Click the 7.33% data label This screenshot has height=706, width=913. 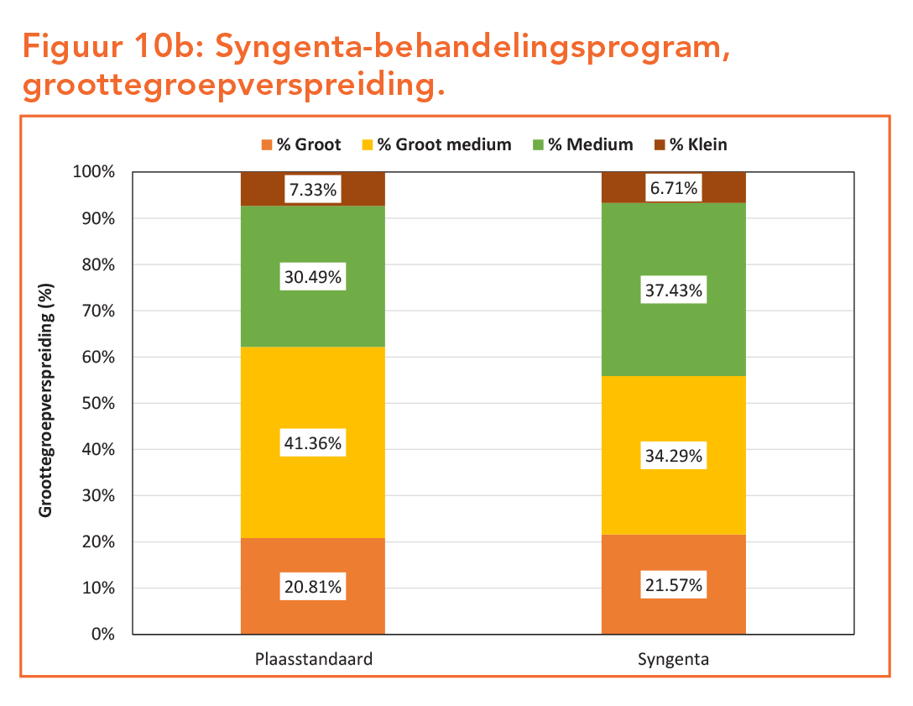[313, 191]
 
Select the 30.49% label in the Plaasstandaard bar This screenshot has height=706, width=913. [313, 278]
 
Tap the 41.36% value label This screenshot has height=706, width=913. [313, 443]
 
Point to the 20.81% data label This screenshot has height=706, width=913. [313, 588]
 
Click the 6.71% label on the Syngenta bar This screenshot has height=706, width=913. [674, 188]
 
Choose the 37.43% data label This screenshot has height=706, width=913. [674, 291]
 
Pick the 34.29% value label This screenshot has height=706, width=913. [674, 458]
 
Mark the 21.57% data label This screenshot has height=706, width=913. [674, 585]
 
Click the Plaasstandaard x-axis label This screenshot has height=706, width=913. [313, 659]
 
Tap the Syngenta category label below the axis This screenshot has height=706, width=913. [673, 659]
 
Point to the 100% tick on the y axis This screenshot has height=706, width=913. [95, 172]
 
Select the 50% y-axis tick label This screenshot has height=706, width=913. [98, 403]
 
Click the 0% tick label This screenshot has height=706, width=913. [102, 634]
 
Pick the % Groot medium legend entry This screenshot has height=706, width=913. [443, 144]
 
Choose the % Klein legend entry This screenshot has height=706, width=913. [697, 144]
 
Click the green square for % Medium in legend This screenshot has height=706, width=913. [539, 144]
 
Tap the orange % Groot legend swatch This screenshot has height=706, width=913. [268, 144]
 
